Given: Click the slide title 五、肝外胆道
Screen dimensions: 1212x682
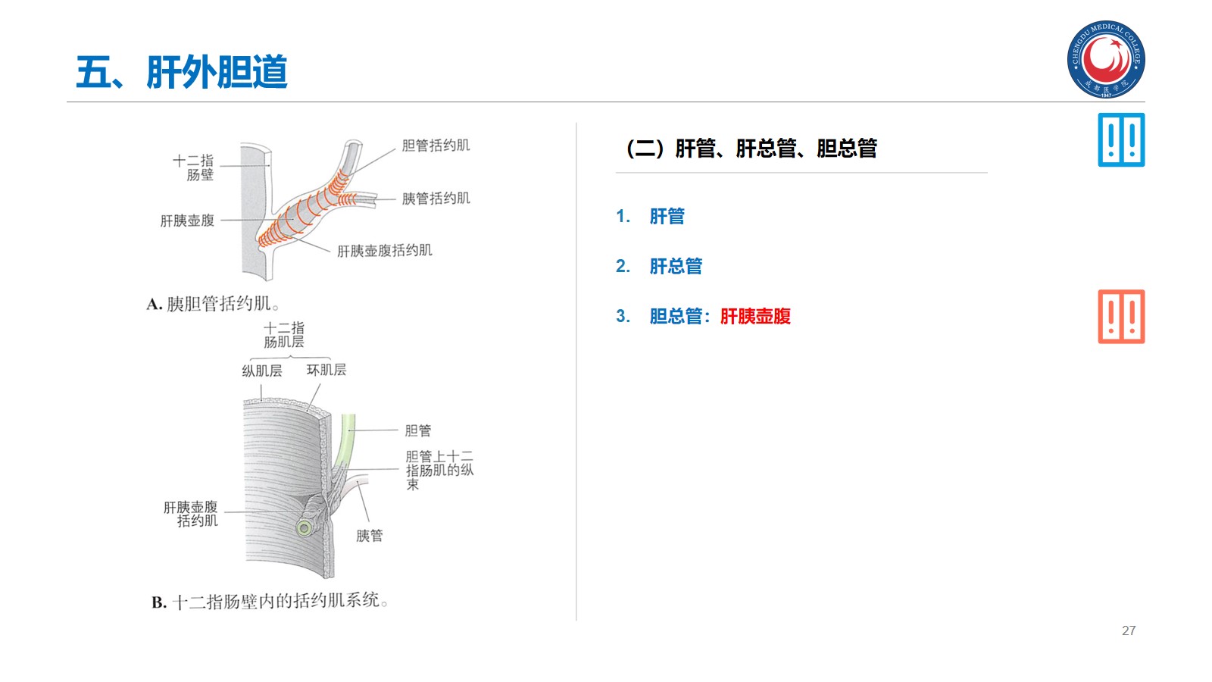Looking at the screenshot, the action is [182, 73].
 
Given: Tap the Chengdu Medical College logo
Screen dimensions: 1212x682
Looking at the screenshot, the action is [1106, 59].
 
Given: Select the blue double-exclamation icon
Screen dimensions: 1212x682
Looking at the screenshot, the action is [1121, 140].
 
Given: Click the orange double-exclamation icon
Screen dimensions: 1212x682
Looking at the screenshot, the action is [1121, 317].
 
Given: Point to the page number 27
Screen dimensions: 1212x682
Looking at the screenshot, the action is [1129, 630].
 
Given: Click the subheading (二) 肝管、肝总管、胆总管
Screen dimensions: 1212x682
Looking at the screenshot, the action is [751, 149].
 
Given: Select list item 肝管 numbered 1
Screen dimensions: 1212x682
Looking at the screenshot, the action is [667, 217].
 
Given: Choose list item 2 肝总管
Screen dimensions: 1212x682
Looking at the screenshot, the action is [676, 267].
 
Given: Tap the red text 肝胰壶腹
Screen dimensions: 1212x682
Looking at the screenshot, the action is [755, 317].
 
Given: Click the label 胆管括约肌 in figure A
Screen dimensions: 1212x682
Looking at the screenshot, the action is [436, 145].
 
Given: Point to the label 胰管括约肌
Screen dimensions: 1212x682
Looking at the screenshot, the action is [436, 199].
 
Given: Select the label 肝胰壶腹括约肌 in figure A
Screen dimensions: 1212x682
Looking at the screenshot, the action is [385, 251].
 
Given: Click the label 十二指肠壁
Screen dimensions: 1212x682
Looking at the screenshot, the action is [194, 167].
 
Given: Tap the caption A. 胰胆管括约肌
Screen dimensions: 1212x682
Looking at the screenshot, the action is [213, 304].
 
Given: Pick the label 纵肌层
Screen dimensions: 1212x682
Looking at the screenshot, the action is [261, 371].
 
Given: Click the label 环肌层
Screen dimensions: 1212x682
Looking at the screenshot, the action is [326, 370].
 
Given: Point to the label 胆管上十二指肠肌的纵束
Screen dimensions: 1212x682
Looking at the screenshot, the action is [439, 470].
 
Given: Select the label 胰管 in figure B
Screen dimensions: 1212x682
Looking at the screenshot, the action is [370, 536].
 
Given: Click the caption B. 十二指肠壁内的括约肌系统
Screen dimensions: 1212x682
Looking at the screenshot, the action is [270, 602].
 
